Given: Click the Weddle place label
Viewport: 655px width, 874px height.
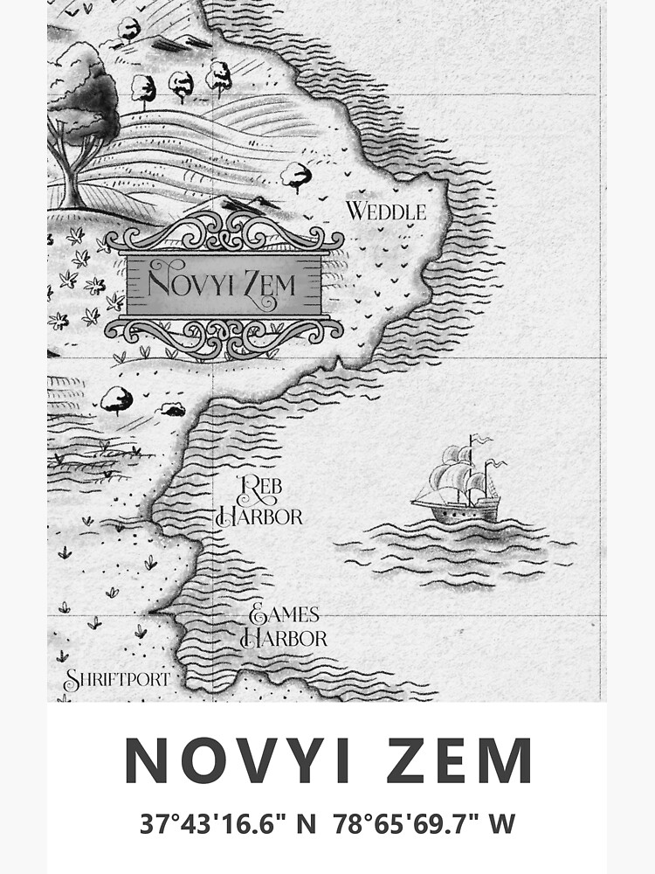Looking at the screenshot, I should click(x=386, y=212).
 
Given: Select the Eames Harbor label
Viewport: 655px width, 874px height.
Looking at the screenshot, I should click(x=284, y=627).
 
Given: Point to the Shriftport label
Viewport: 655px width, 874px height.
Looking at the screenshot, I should click(x=116, y=679).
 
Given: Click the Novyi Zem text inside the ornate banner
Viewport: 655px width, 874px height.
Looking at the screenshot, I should click(x=223, y=283).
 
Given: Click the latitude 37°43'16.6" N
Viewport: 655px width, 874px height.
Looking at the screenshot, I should click(x=227, y=824).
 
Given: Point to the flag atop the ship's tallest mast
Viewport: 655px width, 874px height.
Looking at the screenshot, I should click(x=479, y=440).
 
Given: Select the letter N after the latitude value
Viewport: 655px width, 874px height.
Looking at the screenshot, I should click(x=306, y=824).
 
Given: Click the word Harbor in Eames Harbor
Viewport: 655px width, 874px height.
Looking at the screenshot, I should click(x=286, y=638).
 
